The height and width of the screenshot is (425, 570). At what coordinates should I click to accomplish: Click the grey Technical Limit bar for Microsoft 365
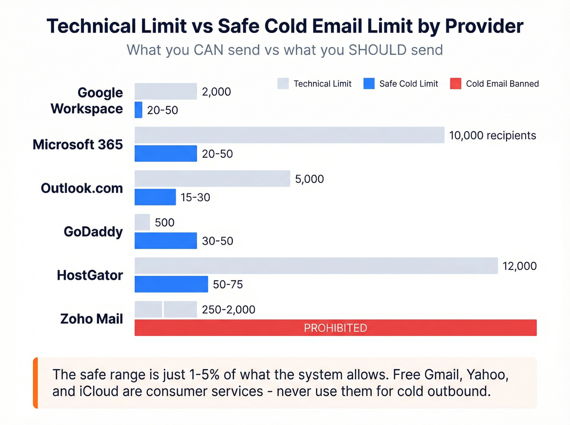tap(289, 135)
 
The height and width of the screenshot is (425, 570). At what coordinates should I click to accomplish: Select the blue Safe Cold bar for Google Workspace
tap(138, 110)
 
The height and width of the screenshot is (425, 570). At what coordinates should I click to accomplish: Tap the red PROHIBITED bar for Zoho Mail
tap(335, 328)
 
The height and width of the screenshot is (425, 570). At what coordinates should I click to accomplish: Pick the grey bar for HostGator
tap(316, 266)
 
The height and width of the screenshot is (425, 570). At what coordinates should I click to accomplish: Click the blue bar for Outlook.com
tap(155, 197)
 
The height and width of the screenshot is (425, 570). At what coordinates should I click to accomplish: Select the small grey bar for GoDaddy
tap(142, 222)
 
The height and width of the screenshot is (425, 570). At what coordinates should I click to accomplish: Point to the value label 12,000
tap(520, 266)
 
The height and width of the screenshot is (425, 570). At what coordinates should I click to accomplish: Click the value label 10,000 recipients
tap(492, 135)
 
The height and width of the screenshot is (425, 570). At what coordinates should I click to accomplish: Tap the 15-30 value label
tap(195, 198)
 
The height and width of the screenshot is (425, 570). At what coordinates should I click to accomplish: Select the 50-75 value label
tap(228, 285)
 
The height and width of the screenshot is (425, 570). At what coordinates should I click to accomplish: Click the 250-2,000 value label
tap(228, 310)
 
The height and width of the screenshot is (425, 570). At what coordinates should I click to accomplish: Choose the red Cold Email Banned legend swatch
tap(456, 84)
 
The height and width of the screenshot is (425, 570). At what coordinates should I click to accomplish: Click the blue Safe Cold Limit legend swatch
tap(369, 84)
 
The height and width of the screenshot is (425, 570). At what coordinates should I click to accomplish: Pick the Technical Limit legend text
tap(322, 84)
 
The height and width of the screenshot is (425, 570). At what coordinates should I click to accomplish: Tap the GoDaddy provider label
tap(93, 232)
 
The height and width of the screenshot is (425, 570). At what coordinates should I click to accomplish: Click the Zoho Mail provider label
tap(92, 319)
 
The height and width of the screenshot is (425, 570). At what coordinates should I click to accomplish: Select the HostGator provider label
tap(90, 275)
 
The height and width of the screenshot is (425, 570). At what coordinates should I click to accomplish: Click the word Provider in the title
tap(484, 26)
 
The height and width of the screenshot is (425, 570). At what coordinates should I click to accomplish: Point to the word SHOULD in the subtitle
tap(377, 50)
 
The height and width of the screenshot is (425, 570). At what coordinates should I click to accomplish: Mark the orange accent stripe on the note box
tap(35, 383)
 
